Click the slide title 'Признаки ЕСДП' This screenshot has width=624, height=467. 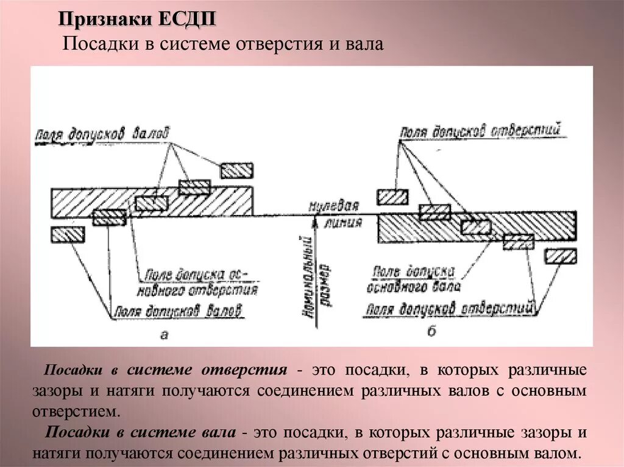pos(137,19)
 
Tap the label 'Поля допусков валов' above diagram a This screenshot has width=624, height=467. pos(102,133)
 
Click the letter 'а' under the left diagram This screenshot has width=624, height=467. pos(163,332)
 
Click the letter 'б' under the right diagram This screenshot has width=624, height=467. pos(431,331)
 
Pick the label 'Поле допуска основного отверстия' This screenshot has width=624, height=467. pos(199,281)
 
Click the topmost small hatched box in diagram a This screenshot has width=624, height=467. pos(236,170)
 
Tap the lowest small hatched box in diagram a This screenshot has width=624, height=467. pos(68,234)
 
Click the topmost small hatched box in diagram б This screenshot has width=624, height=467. pos(392,197)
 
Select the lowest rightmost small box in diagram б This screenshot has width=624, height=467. pos(561,256)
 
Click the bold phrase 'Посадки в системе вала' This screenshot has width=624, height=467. pos(141,432)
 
